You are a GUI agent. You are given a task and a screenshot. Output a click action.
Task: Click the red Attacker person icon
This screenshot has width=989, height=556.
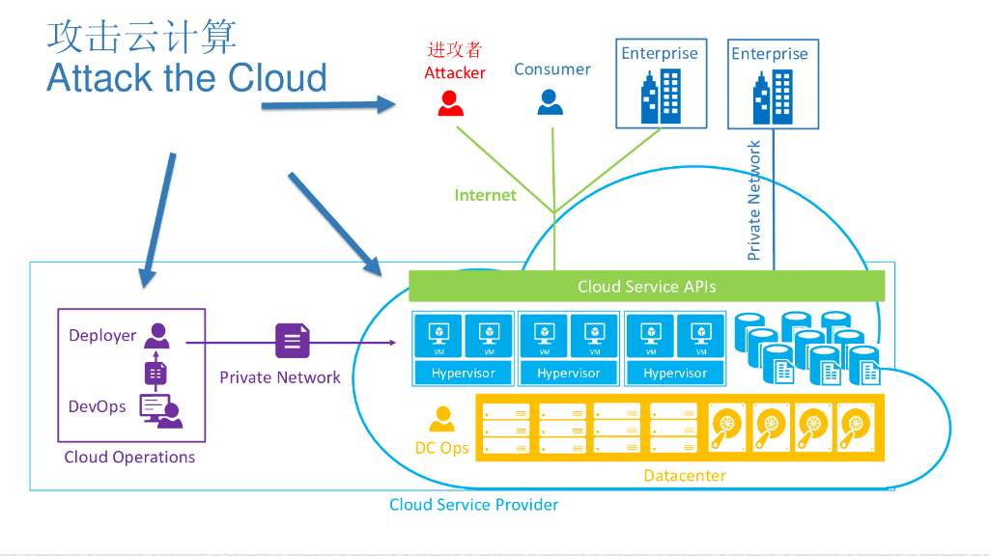450,102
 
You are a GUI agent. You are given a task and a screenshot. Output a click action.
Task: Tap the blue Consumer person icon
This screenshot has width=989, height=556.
550,102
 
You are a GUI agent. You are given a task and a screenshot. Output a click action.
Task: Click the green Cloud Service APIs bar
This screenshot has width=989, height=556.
646,286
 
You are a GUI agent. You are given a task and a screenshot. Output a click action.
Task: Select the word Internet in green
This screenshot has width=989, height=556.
485,195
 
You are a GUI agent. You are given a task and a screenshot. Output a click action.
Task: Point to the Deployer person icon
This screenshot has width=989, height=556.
156,335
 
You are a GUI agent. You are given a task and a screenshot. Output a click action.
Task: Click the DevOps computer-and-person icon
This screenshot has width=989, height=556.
160,410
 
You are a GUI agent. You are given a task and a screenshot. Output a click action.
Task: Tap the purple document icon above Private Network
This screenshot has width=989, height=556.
293,341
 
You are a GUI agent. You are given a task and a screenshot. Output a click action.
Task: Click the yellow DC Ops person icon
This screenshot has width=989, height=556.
442,419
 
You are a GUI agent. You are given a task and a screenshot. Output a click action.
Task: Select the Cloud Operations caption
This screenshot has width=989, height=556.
129,457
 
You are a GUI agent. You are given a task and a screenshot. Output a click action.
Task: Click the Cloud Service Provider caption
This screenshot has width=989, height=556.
473,504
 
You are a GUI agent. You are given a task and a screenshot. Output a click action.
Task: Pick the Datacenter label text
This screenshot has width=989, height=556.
685,475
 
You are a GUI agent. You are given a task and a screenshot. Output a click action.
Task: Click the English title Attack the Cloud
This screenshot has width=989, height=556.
186,78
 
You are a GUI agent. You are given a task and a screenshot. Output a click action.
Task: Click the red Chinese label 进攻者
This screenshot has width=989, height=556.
455,50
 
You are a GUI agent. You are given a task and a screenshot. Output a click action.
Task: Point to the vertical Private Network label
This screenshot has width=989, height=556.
754,201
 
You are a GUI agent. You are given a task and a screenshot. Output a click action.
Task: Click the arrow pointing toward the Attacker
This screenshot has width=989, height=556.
328,104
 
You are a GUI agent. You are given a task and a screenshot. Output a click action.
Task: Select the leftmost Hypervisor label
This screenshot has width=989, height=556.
463,373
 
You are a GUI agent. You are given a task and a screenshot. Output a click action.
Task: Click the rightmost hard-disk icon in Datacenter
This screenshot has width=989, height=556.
855,427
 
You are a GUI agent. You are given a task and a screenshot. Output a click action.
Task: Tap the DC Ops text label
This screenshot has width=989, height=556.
441,448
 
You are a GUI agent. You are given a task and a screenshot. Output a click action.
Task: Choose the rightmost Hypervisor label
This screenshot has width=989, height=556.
675,373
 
